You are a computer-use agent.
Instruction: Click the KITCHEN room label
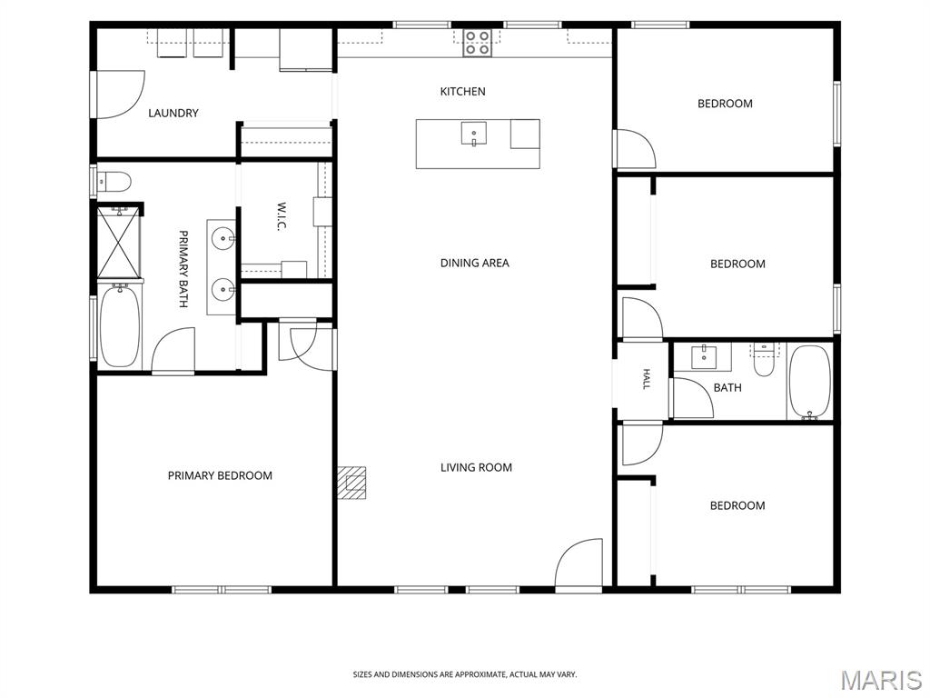(462, 92)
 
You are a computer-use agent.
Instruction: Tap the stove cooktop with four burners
(478, 43)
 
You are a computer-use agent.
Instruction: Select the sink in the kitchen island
(474, 134)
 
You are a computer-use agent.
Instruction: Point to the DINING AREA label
(474, 263)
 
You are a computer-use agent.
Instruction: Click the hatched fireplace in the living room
(351, 483)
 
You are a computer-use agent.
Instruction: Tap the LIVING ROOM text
(476, 468)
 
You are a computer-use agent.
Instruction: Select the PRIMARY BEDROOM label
(220, 475)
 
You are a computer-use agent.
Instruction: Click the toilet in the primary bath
(114, 182)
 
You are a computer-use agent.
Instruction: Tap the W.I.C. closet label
(282, 218)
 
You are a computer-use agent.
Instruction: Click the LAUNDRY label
(173, 113)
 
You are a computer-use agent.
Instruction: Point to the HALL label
(647, 379)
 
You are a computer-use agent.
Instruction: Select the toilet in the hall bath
(763, 360)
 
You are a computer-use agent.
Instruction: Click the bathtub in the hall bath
(809, 383)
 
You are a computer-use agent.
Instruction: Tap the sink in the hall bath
(704, 356)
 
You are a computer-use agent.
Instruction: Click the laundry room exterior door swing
(121, 95)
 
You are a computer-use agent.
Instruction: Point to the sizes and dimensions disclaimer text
(465, 675)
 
